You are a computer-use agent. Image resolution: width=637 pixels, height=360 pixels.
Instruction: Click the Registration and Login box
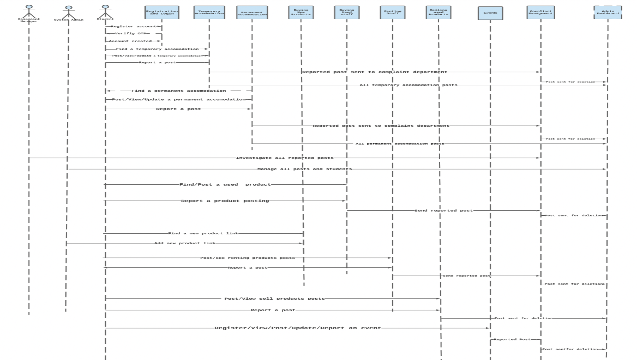162,12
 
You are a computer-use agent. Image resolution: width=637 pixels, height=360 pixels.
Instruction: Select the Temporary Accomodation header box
209,12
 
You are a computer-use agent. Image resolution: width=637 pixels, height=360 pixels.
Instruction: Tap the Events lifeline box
490,13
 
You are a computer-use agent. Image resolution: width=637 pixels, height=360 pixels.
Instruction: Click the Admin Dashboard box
608,12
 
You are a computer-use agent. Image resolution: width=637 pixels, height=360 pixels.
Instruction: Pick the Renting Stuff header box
393,12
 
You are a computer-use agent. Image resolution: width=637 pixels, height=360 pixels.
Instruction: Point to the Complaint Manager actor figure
29,12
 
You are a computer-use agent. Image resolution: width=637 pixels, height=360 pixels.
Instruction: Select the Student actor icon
105,11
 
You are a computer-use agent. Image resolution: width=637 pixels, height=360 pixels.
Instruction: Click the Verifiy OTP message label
130,33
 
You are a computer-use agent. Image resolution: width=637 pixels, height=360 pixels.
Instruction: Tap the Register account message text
133,26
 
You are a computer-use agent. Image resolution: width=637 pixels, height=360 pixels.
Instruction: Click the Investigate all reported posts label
284,158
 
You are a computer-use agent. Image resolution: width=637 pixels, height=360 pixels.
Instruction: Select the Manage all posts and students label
304,169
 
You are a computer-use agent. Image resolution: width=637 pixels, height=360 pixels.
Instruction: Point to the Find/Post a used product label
225,184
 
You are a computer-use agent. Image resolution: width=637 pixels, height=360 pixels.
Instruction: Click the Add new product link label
185,243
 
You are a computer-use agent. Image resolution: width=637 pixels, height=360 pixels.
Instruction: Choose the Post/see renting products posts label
247,258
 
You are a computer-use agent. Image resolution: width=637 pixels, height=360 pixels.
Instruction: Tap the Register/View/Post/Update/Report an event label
297,328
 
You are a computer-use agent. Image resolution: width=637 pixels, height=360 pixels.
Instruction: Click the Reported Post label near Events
512,339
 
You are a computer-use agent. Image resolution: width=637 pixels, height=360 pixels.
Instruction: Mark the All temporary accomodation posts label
408,85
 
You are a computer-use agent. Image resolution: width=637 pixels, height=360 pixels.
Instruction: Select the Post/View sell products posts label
274,299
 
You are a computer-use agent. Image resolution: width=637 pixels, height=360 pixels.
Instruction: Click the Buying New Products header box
301,12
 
